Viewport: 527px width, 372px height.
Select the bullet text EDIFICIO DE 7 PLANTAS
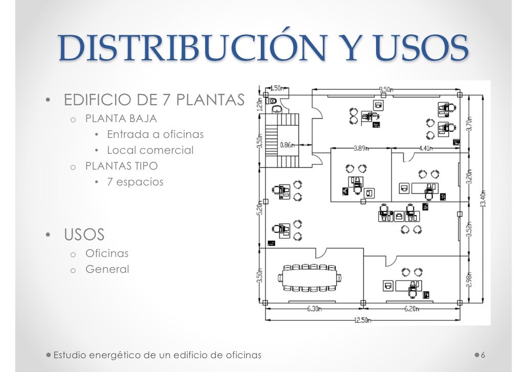click(x=154, y=100)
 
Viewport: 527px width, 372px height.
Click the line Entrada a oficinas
click(x=155, y=134)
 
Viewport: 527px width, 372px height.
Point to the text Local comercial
click(x=150, y=150)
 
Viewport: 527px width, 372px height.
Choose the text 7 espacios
click(x=135, y=181)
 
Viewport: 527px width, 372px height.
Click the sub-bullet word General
click(x=107, y=269)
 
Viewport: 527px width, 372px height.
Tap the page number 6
click(x=483, y=355)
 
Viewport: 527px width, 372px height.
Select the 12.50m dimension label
click(x=363, y=320)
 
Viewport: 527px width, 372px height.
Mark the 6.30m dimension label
click(x=314, y=309)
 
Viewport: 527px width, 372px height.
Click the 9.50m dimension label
click(x=386, y=89)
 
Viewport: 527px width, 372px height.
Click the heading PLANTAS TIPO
click(x=121, y=166)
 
